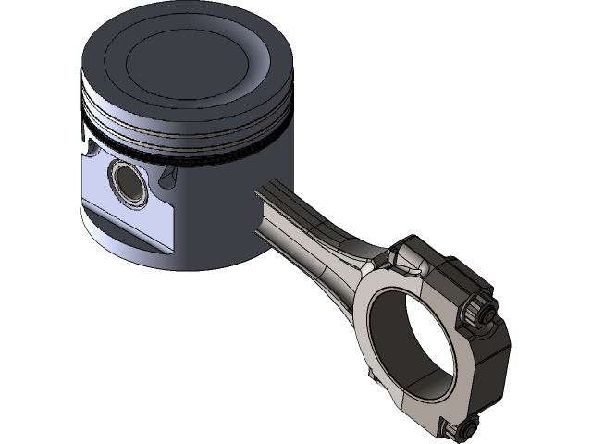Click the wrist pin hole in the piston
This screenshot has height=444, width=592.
pos(127,180)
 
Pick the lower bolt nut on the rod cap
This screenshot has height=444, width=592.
pos(460,428)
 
